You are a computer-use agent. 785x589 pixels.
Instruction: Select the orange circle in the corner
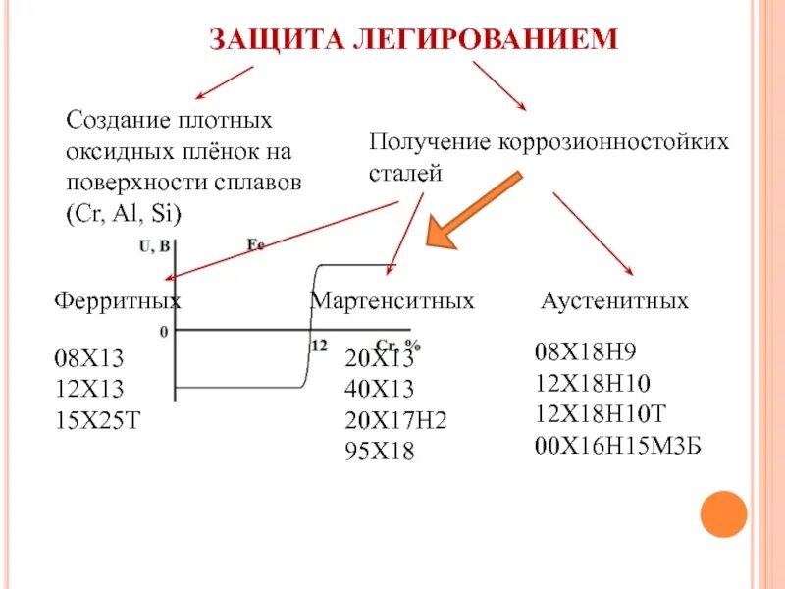723,514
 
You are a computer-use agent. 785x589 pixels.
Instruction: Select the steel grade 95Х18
379,452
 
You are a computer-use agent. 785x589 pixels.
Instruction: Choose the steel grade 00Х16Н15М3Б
619,446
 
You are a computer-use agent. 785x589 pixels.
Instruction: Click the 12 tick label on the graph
319,345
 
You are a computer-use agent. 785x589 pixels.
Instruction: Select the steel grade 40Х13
379,389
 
